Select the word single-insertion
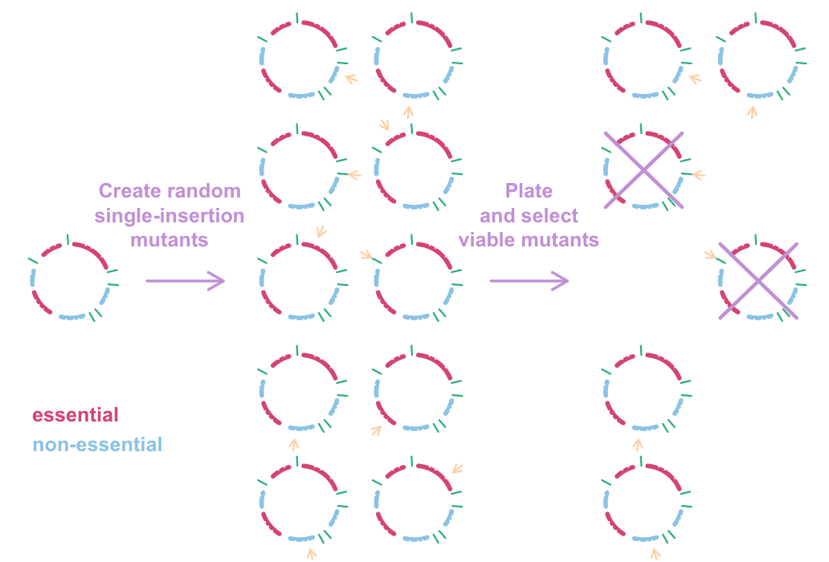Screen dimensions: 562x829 [x=169, y=215]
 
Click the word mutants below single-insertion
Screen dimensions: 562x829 [x=169, y=239]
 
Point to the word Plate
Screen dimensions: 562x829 [x=529, y=191]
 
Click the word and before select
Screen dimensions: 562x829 [x=499, y=215]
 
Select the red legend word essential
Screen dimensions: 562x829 [x=76, y=415]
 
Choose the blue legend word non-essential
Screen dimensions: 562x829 [x=97, y=444]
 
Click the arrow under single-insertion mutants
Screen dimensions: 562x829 [x=185, y=280]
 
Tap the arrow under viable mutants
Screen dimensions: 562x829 [x=529, y=280]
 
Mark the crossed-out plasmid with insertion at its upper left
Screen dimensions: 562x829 [x=758, y=281]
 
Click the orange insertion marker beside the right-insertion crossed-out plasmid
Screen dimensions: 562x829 [x=697, y=173]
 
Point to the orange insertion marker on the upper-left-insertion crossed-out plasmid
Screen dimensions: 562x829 [x=711, y=255]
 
